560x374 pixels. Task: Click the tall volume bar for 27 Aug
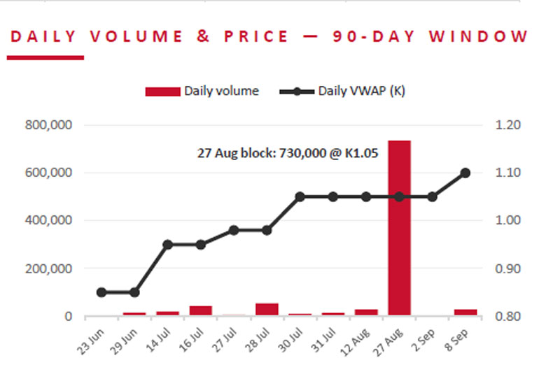pos(399,228)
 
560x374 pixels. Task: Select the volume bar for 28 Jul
pos(267,309)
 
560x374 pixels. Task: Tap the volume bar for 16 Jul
pos(201,310)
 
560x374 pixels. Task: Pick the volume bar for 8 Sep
pos(465,312)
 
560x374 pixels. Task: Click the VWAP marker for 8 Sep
pos(465,173)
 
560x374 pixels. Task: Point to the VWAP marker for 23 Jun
pos(101,292)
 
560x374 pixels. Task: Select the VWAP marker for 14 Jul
pos(167,245)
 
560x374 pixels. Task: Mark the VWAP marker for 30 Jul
pos(300,197)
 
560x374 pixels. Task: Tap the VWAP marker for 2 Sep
pos(432,197)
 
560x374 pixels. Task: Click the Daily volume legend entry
pos(202,92)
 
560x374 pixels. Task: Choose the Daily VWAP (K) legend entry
pos(342,92)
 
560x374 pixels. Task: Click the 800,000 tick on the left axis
pos(48,125)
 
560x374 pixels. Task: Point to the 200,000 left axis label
pos(48,268)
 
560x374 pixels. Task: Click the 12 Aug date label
pos(355,343)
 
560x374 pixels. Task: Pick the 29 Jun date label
pos(124,342)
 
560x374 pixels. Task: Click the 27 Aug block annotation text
pos(288,153)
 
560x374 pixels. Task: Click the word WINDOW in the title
pos(479,36)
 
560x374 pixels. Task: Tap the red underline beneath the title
pos(45,58)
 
